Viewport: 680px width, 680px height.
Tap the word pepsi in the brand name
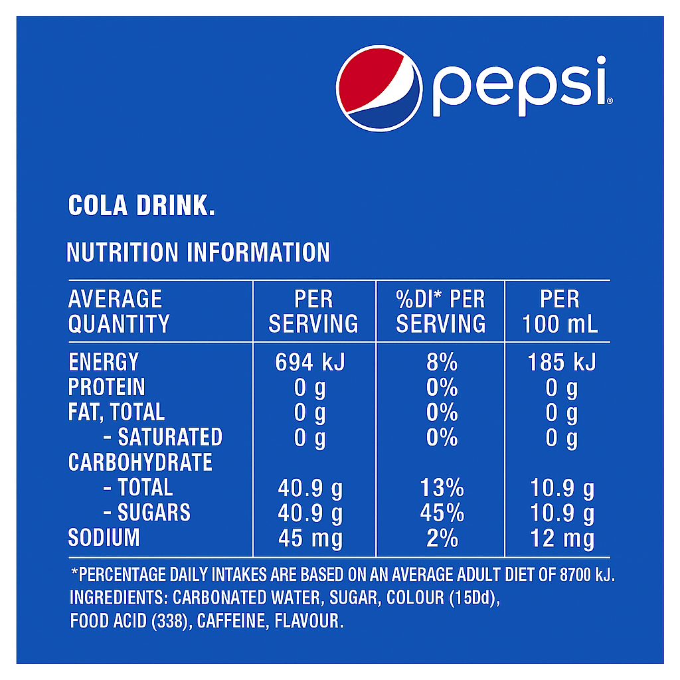point(520,87)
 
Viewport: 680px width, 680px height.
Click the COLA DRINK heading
point(141,206)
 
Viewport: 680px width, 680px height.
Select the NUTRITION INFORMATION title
point(199,253)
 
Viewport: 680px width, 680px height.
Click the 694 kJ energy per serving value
point(310,363)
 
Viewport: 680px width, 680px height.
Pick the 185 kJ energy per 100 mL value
point(561,363)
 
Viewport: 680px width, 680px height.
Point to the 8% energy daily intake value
point(442,363)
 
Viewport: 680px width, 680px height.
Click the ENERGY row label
point(104,363)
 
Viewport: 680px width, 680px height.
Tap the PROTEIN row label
point(106,388)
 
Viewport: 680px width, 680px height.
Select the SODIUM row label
point(104,538)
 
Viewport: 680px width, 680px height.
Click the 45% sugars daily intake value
point(442,513)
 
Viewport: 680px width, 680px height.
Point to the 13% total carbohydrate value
point(442,489)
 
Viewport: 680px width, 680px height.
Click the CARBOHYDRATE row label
point(140,463)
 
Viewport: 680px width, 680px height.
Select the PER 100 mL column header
point(560,311)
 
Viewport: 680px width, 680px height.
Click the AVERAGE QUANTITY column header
point(118,311)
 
